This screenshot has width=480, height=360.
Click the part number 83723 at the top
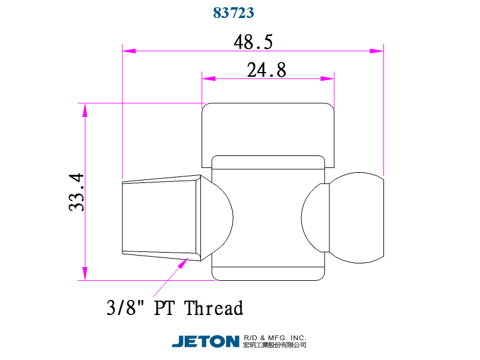point(233,13)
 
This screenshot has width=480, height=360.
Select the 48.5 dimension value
point(253,42)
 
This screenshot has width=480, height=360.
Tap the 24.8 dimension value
point(266,70)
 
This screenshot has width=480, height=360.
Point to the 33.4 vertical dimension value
point(76,192)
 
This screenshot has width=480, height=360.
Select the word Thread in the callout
point(214,308)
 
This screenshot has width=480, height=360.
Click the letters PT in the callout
point(164,308)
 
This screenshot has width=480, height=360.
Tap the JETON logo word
point(205,341)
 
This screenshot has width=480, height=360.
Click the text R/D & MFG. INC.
point(275,338)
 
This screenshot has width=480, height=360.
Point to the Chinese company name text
point(275,345)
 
